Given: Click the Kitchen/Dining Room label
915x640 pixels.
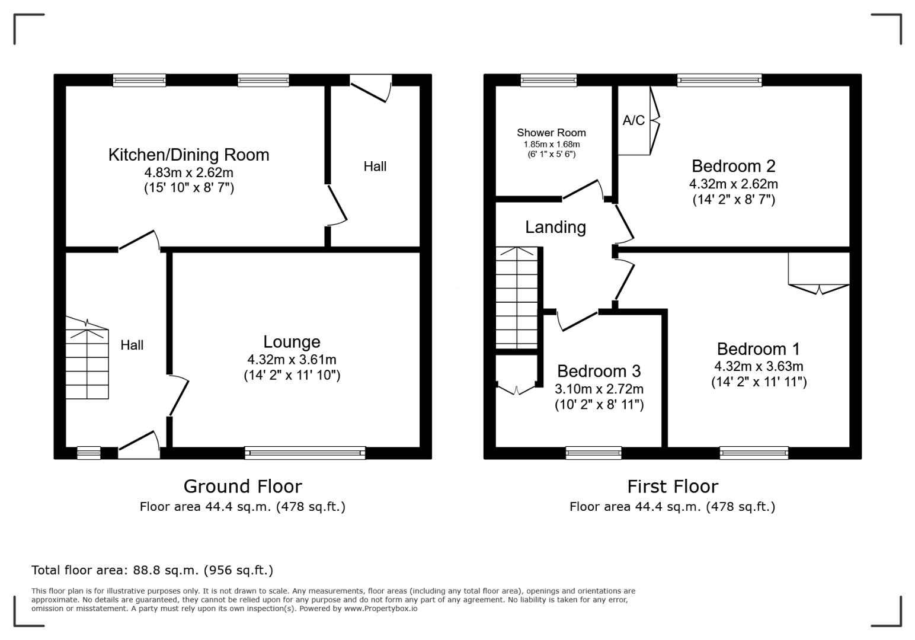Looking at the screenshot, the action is [188, 155].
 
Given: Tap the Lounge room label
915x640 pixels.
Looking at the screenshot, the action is [292, 342].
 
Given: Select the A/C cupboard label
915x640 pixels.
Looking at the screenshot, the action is [634, 120].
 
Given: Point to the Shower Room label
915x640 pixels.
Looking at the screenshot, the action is [551, 133].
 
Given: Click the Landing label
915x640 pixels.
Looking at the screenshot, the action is [555, 228].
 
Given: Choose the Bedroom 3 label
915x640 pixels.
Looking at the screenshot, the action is [599, 371].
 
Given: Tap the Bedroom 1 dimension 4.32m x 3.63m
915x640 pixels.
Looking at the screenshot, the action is [759, 366].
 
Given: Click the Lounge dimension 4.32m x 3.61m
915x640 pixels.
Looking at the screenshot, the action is [292, 360].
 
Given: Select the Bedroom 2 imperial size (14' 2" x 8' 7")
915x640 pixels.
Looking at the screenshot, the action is [734, 200].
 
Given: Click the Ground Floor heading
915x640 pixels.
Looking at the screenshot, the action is [242, 487].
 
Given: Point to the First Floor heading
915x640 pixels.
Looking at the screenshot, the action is [673, 487].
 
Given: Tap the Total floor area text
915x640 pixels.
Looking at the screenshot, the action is [152, 570].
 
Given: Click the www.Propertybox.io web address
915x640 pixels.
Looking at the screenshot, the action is [380, 609].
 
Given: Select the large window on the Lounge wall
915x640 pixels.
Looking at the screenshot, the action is [305, 453].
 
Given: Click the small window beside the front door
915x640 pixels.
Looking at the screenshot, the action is [89, 453].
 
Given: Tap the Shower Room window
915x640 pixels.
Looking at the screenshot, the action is [549, 80].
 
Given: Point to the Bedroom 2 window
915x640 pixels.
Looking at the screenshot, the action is [719, 80].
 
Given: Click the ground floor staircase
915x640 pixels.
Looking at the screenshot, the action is [87, 358].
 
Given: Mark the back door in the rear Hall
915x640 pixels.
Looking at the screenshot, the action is [371, 88].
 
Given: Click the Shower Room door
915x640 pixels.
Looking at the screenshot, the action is [583, 190].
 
